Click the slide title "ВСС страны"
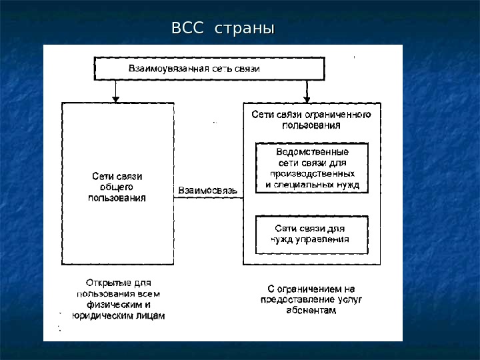point(223,29)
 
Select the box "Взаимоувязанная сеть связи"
point(209,69)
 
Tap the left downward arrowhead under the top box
point(116,99)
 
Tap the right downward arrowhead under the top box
point(307,99)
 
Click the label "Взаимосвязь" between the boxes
point(207,191)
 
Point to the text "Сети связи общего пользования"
point(117,187)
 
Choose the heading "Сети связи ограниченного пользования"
point(311,119)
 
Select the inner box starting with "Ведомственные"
point(312,168)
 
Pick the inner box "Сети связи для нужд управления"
point(312,234)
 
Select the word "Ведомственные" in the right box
point(312,151)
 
